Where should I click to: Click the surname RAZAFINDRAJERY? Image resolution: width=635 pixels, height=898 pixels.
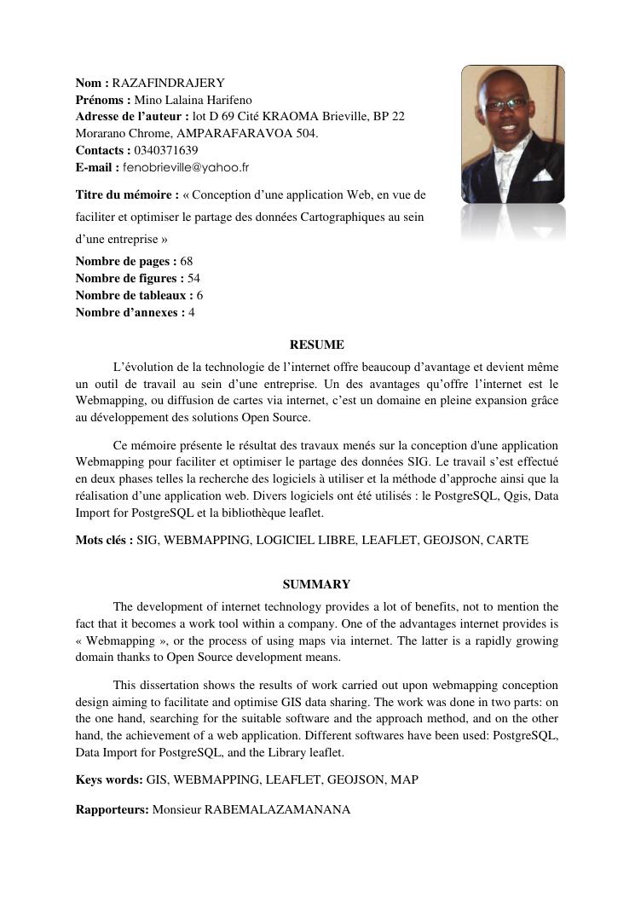pyautogui.click(x=168, y=83)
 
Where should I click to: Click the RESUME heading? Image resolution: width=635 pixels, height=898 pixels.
pyautogui.click(x=317, y=345)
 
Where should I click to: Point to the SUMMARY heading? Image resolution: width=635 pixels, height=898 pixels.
pyautogui.click(x=317, y=584)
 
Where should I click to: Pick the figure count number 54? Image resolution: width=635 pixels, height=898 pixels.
pyautogui.click(x=193, y=278)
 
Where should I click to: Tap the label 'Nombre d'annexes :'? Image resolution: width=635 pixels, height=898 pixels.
pyautogui.click(x=130, y=312)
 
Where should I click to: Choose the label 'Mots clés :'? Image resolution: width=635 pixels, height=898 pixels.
pyautogui.click(x=104, y=540)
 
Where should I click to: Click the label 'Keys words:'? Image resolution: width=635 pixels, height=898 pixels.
pyautogui.click(x=109, y=779)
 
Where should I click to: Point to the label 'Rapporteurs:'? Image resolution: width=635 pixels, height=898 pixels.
pyautogui.click(x=112, y=809)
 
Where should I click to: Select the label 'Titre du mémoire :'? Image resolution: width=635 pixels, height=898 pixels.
pyautogui.click(x=127, y=195)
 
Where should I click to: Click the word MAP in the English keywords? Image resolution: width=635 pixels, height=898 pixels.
pyautogui.click(x=405, y=779)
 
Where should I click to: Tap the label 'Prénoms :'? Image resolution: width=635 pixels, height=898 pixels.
pyautogui.click(x=102, y=100)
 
